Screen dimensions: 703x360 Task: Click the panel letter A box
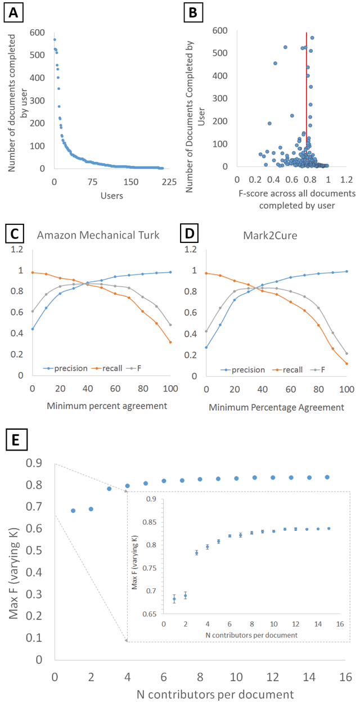(13, 12)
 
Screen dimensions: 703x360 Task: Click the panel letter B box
(193, 12)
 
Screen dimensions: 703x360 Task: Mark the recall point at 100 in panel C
(170, 342)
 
